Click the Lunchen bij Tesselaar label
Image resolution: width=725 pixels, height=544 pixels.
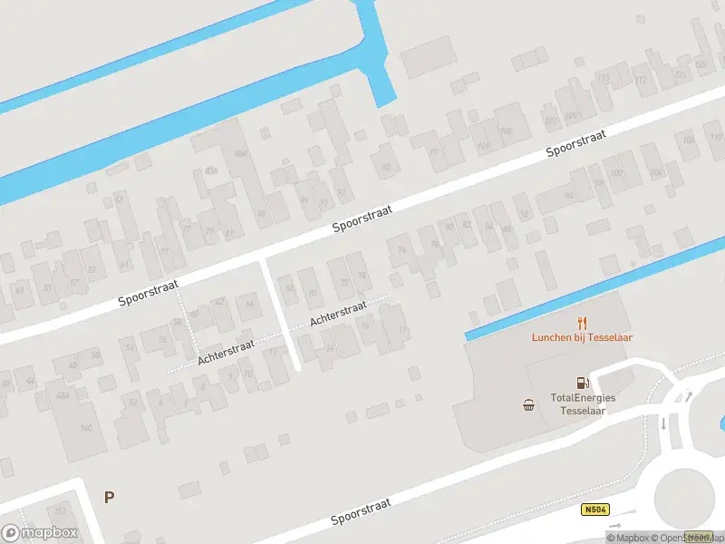click(x=582, y=338)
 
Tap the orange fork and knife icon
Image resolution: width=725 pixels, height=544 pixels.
click(x=582, y=322)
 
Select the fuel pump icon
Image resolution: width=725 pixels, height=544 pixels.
click(x=579, y=384)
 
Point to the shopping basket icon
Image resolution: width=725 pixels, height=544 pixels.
click(x=528, y=405)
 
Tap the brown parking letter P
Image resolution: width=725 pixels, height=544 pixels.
click(x=109, y=497)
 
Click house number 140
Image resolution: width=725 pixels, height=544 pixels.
click(x=87, y=428)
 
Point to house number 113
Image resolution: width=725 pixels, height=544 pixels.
click(x=642, y=81)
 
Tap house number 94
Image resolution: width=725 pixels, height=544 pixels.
click(x=569, y=196)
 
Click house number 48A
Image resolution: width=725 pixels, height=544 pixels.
click(x=63, y=395)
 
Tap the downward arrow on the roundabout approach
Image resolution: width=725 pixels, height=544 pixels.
click(x=663, y=424)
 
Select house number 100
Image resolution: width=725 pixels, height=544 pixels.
click(x=617, y=173)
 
